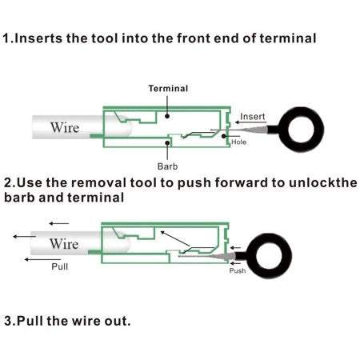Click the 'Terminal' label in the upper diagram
pos(168,89)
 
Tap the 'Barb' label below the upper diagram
pos(167,166)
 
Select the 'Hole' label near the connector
pos(238,142)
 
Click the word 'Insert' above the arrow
pos(253,117)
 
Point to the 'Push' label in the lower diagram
pos(238,270)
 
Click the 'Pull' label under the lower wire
pos(59,266)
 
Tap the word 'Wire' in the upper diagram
pos(65,127)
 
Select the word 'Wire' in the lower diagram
pos(64,244)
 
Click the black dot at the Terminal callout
pos(167,116)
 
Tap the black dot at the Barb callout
pos(167,143)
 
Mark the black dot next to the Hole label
pos(223,136)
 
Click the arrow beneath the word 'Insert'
pos(250,122)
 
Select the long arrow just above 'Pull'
pos(42,259)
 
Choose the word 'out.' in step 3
pos(118,321)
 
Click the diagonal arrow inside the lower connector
pos(175,238)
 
